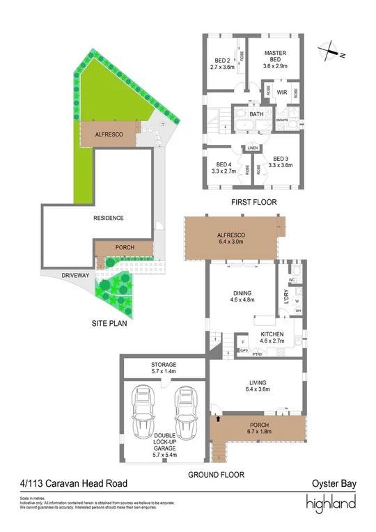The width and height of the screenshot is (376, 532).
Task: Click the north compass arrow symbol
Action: point(328,51)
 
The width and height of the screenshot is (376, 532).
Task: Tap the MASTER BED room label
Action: point(275,56)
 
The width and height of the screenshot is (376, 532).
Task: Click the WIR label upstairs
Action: point(283,91)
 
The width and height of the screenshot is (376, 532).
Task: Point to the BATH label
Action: point(256,114)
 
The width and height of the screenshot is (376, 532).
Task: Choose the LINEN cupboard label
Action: point(251,148)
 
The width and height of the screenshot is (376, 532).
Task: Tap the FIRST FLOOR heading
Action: point(253,203)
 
